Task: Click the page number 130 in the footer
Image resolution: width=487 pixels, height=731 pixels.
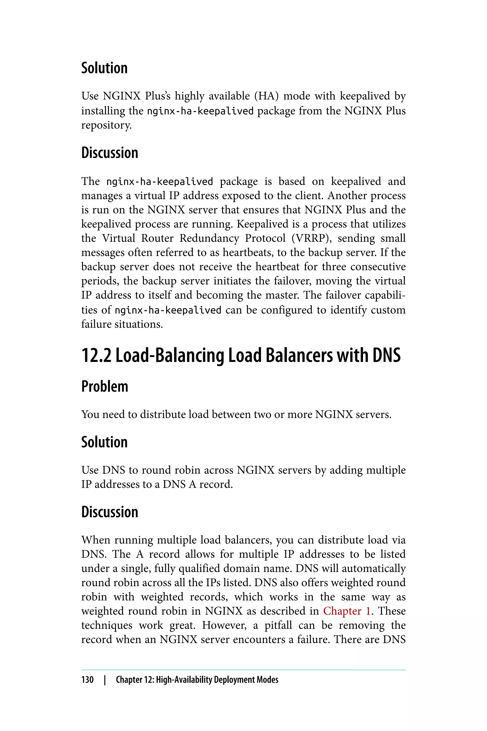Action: pos(87,680)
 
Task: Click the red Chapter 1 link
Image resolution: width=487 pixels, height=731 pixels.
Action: pos(347,611)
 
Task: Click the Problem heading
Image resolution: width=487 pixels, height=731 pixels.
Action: pos(105,387)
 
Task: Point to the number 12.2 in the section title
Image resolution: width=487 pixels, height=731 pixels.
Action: pos(96,355)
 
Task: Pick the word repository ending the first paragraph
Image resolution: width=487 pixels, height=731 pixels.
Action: pos(106,125)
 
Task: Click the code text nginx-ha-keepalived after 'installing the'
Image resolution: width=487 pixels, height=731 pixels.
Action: pos(200,111)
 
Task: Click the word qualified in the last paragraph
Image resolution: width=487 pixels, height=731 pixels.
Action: pos(200,568)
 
